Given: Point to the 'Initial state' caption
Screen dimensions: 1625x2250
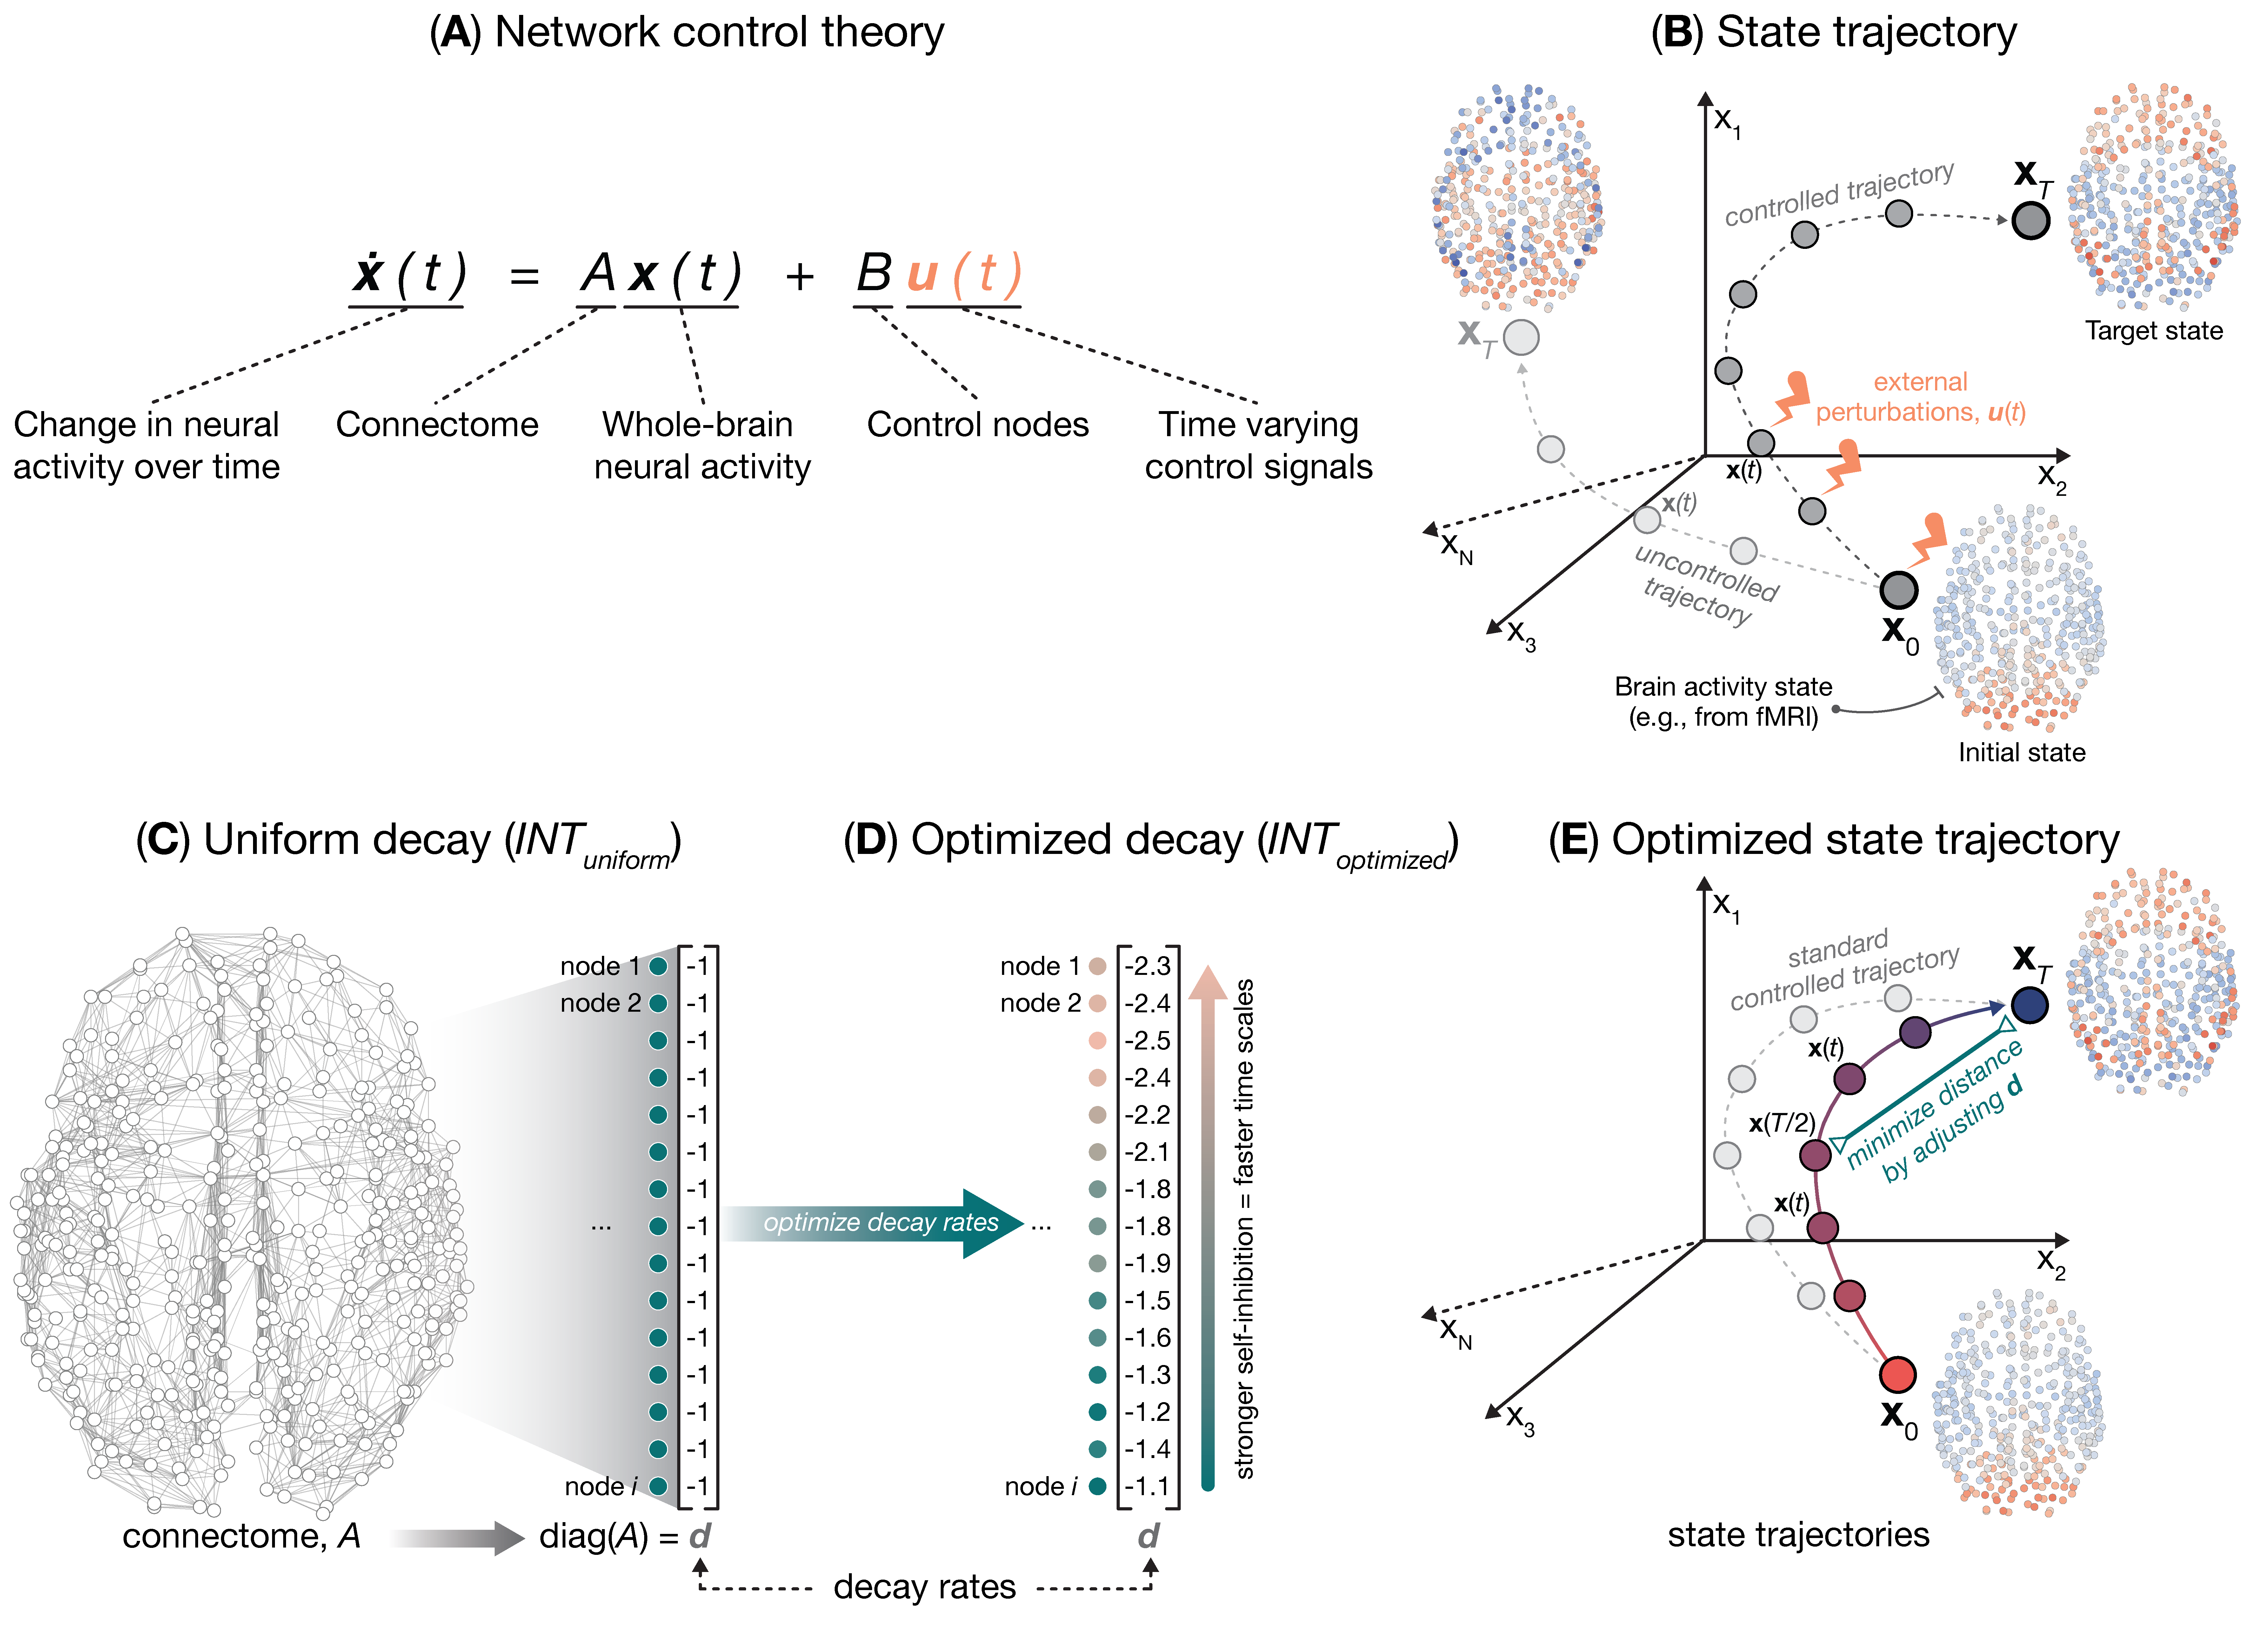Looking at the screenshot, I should pos(2021,752).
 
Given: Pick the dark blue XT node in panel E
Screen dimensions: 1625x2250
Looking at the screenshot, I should pos(2030,1005).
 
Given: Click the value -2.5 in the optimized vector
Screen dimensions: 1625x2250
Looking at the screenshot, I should pos(1148,1041).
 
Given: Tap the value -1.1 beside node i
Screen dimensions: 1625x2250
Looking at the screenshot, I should pos(1148,1486).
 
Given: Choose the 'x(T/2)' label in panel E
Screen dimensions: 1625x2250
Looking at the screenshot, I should pos(1782,1123).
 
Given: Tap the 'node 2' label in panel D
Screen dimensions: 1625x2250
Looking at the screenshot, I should pos(1040,1003).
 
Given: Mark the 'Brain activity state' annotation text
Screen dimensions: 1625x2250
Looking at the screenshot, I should pos(1723,687).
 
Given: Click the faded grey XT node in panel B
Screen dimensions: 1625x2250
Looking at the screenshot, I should pos(1521,337).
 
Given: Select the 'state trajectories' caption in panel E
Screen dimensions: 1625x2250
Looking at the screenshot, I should pos(1798,1535).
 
